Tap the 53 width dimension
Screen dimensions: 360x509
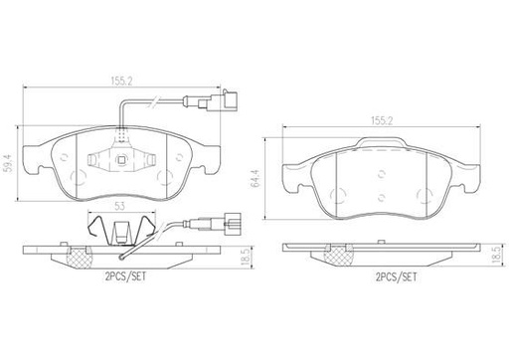tap(118, 206)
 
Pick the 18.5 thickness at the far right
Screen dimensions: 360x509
tap(494, 257)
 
